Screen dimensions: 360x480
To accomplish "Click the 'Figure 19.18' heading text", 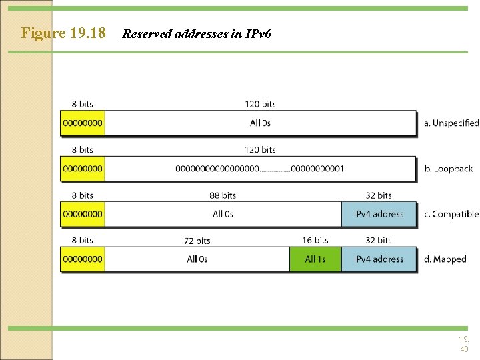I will tap(63, 33).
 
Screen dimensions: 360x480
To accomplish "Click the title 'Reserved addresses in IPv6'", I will tap(197, 33).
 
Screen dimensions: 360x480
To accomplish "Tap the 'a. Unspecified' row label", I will tap(451, 123).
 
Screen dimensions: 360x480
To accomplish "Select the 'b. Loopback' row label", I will tap(448, 169).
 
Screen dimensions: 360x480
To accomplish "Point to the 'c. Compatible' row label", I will tap(451, 214).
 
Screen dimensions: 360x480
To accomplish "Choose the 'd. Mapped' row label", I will tap(445, 259).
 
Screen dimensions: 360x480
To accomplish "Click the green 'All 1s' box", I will tap(315, 259).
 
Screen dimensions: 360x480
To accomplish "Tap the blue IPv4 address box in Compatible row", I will tap(379, 214).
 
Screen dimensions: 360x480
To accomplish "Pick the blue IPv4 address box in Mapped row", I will tap(379, 259).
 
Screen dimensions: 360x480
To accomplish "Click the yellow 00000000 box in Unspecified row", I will tap(83, 123).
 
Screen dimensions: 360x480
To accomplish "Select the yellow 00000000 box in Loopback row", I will tap(83, 169).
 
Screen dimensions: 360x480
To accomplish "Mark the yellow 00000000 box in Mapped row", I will tap(83, 259).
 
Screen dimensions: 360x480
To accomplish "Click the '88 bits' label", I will tap(223, 195).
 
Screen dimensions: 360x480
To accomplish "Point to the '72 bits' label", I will tap(197, 241).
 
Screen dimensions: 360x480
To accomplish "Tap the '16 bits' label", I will tap(315, 240).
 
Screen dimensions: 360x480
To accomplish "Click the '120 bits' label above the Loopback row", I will tap(260, 150).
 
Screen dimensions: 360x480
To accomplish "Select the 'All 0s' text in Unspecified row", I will tap(260, 123).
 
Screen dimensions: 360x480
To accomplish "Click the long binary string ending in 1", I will tap(260, 169).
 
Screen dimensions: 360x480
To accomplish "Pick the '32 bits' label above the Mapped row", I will tap(379, 240).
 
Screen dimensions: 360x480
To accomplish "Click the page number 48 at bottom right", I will tap(463, 349).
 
